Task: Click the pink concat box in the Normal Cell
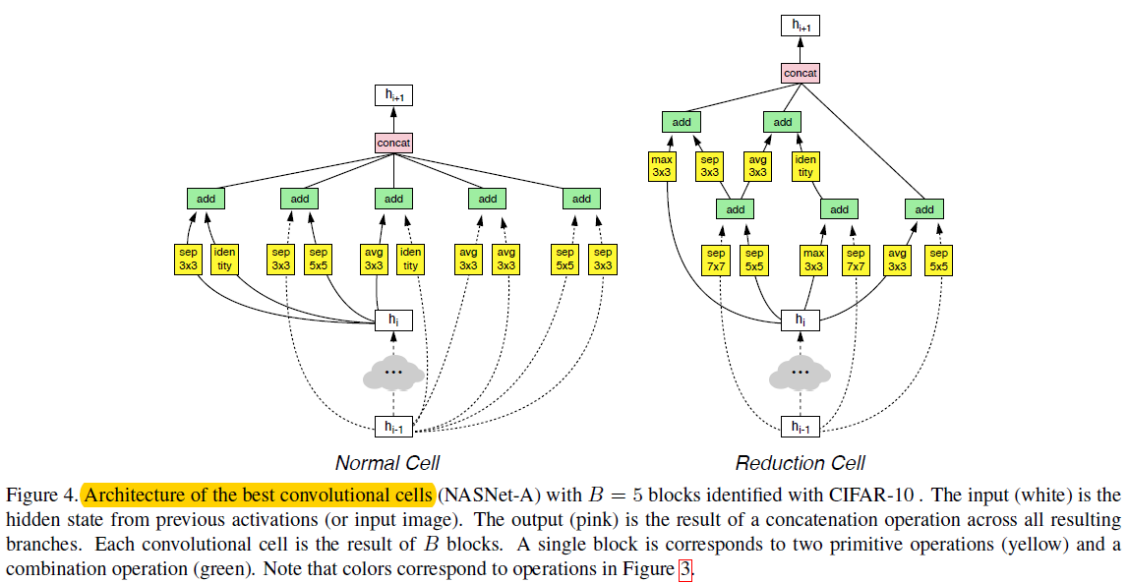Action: point(393,144)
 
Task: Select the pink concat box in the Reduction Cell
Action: point(800,74)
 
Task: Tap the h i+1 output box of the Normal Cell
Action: point(393,95)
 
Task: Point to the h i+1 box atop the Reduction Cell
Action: point(800,26)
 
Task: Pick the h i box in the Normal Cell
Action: point(393,321)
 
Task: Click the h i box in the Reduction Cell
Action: point(800,321)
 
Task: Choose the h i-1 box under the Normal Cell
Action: point(393,427)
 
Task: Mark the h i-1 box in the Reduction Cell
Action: point(800,427)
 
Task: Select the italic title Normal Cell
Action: point(387,463)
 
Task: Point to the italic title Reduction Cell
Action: point(800,463)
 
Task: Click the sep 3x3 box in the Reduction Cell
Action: point(709,166)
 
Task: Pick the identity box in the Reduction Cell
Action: point(805,166)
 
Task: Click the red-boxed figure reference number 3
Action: point(684,570)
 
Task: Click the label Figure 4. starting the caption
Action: point(41,496)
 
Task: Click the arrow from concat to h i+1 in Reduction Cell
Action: point(800,49)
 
